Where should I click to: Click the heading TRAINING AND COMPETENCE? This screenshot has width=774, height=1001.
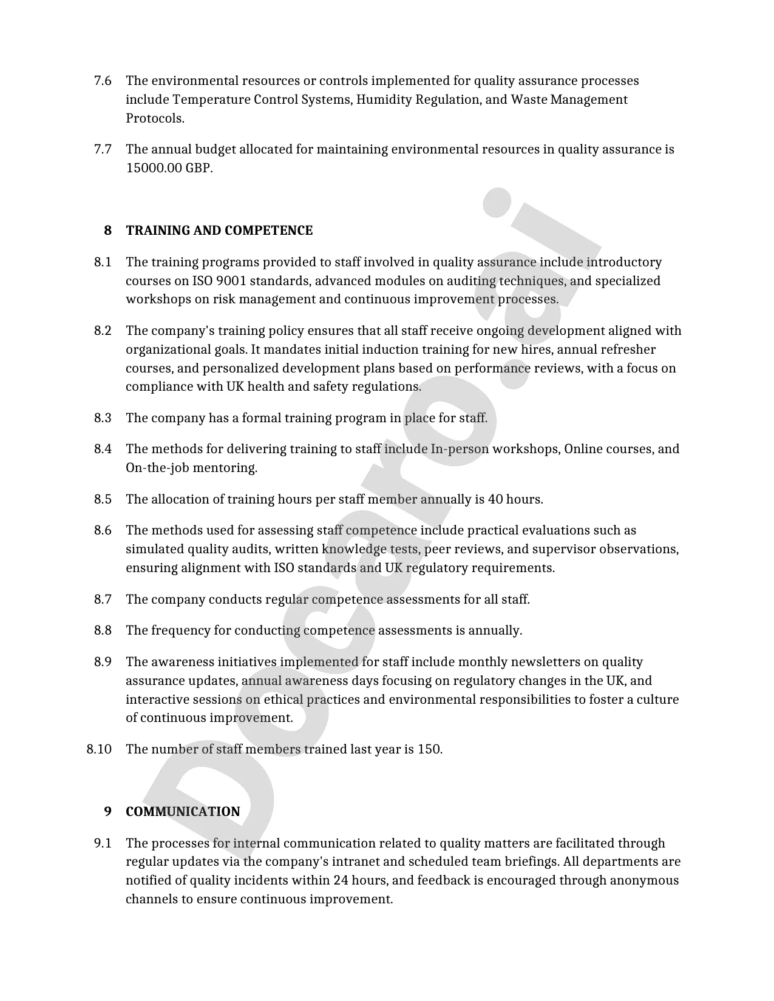tap(219, 231)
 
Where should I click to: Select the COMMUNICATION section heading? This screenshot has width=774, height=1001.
tap(183, 812)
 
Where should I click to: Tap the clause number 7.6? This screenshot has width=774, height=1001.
tap(103, 81)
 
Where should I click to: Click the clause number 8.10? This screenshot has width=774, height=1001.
tap(99, 749)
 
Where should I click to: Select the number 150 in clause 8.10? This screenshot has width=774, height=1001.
tap(429, 749)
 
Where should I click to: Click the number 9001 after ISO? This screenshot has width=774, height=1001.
tap(231, 281)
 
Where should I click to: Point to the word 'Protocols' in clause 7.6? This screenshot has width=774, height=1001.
tap(154, 118)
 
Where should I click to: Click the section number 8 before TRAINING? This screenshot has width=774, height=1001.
tap(108, 231)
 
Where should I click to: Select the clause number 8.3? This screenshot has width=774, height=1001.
tap(103, 418)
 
